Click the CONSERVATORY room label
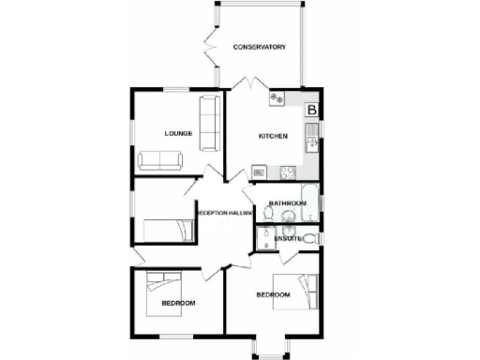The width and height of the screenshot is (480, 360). [260, 47]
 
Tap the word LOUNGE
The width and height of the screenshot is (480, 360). [178, 133]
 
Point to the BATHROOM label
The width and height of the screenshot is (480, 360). [287, 203]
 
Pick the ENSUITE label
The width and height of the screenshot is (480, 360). [287, 239]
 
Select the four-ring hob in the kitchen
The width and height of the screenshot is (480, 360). [277, 97]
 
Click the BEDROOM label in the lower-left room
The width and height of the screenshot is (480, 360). [178, 303]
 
